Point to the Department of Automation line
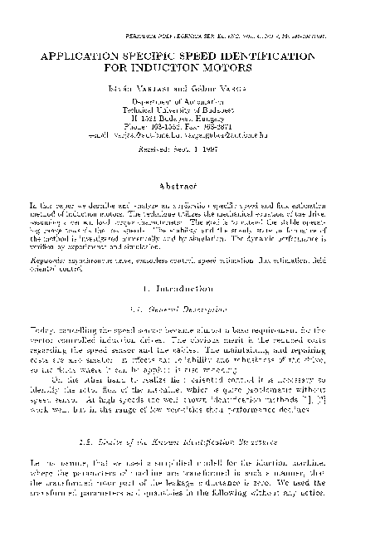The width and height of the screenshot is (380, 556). pyautogui.click(x=191, y=100)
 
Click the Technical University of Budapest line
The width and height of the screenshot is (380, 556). pyautogui.click(x=191, y=108)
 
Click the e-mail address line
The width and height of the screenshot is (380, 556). pyautogui.click(x=191, y=133)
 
